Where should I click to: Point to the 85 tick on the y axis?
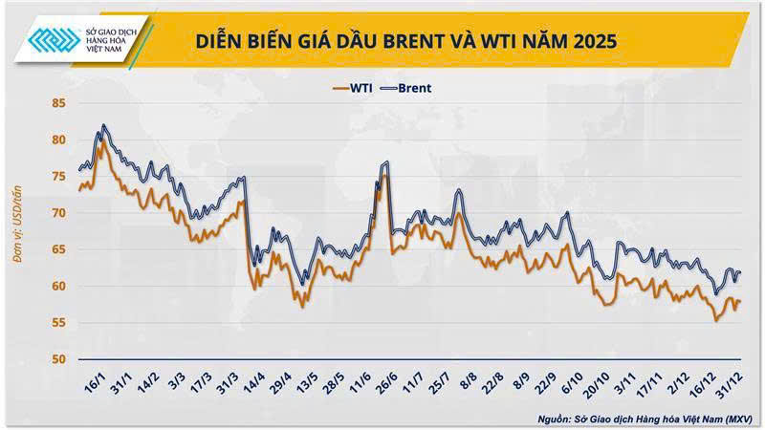[58, 103]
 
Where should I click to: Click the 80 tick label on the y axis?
[58, 140]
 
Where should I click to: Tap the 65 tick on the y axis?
[58, 249]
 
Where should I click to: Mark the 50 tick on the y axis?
[58, 359]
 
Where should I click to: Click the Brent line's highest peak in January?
[104, 125]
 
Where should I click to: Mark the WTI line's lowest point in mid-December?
[716, 321]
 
